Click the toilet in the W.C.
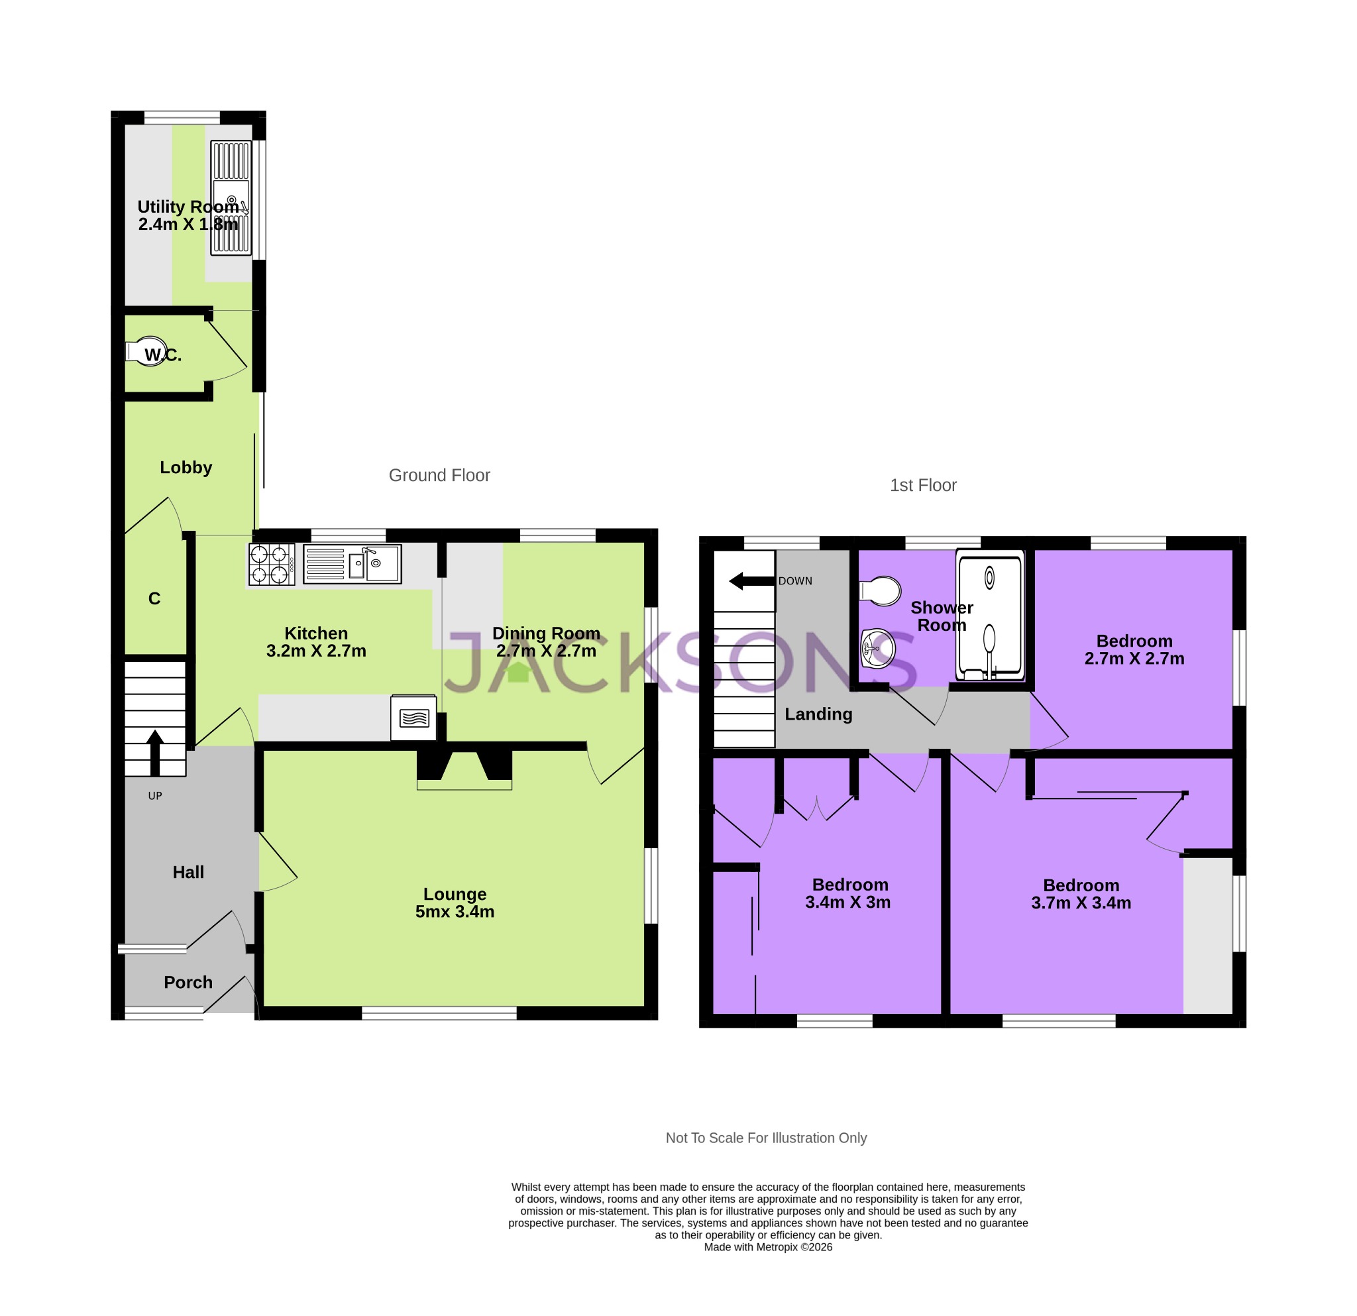click(146, 351)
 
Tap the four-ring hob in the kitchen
click(272, 564)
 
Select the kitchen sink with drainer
click(352, 564)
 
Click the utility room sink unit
click(231, 198)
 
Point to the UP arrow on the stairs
click(155, 753)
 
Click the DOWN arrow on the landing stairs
click(752, 582)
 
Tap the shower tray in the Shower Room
click(989, 615)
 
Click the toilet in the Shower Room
click(881, 591)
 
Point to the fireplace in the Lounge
click(464, 769)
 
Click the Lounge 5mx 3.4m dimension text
click(455, 912)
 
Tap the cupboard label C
click(154, 599)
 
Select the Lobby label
click(186, 467)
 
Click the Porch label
click(188, 982)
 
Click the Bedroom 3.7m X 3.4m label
click(1081, 894)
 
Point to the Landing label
click(818, 714)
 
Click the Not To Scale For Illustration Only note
click(766, 1138)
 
